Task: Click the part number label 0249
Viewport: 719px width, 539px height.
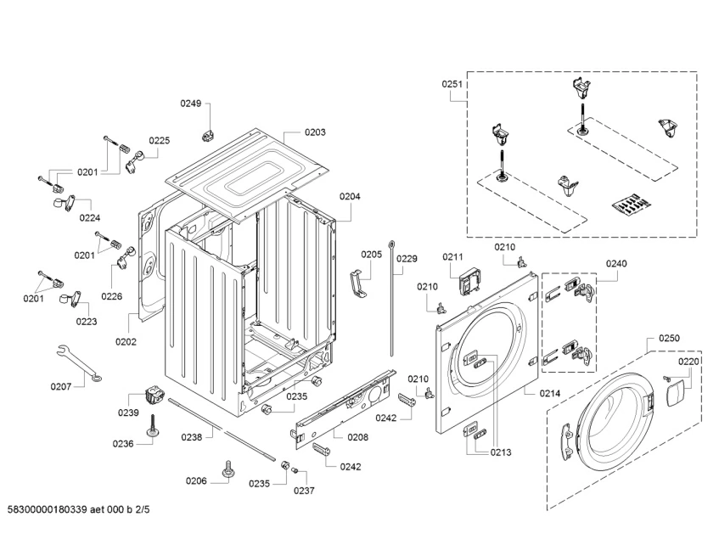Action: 190,104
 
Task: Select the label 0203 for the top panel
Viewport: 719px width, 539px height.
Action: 315,132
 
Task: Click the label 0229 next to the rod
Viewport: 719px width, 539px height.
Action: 407,259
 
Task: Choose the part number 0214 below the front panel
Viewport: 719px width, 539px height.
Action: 549,393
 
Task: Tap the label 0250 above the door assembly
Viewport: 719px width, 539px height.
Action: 669,339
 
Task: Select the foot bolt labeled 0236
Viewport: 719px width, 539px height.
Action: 154,427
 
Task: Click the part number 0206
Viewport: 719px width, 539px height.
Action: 196,481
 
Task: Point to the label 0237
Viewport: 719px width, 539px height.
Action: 304,491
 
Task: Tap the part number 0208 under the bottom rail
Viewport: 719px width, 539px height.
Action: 357,436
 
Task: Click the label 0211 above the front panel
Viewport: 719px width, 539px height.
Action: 452,257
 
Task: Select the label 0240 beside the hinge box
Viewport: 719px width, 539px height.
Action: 616,263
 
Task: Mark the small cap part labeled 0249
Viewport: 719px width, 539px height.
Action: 207,135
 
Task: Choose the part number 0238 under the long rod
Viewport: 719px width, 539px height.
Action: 192,436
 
